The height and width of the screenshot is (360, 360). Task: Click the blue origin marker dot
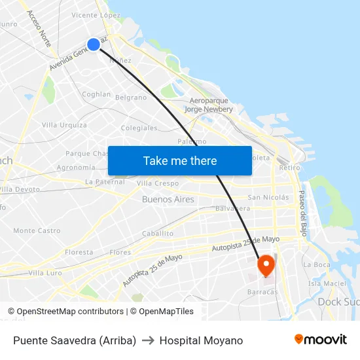pyautogui.click(x=94, y=44)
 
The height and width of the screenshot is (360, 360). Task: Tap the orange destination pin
pyautogui.click(x=266, y=264)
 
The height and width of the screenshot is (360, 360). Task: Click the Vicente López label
pyautogui.click(x=96, y=14)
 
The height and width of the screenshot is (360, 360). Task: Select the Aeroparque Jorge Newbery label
pyautogui.click(x=209, y=105)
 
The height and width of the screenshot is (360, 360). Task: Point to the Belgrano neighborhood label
pyautogui.click(x=131, y=98)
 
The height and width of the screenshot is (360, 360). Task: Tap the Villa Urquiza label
pyautogui.click(x=64, y=125)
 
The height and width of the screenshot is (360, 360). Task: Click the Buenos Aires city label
pyautogui.click(x=168, y=199)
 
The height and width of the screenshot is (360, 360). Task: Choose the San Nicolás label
pyautogui.click(x=268, y=197)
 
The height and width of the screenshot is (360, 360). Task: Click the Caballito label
pyautogui.click(x=157, y=233)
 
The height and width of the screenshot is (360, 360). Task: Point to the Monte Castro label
pyautogui.click(x=37, y=230)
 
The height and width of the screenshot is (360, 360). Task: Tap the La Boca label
pyautogui.click(x=317, y=264)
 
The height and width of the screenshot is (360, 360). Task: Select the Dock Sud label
pyautogui.click(x=338, y=302)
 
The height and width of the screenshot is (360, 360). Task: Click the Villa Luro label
pyautogui.click(x=45, y=272)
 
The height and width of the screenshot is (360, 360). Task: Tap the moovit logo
pyautogui.click(x=321, y=340)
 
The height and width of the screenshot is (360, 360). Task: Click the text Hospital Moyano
pyautogui.click(x=201, y=340)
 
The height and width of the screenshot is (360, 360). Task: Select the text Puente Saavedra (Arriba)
pyautogui.click(x=75, y=340)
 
